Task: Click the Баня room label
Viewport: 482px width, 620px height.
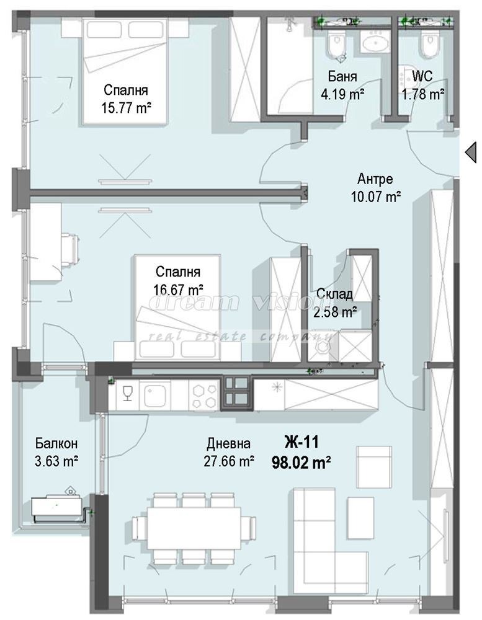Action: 342,76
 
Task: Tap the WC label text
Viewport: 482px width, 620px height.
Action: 422,76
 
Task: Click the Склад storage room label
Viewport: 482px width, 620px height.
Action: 334,294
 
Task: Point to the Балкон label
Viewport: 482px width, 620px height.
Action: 56,443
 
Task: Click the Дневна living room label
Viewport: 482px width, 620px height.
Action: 228,444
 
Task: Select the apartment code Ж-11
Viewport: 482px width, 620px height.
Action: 301,441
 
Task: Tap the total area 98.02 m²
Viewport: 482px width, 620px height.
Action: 301,461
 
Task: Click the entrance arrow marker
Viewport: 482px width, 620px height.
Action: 470,153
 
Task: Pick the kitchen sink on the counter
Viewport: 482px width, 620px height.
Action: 157,393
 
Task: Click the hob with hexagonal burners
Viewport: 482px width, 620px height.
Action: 205,396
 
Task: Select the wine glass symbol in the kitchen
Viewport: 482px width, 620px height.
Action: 127,393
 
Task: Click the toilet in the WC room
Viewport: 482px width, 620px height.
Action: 429,44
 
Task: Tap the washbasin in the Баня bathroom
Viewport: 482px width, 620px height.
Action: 374,42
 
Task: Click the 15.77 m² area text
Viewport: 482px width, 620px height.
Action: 127,107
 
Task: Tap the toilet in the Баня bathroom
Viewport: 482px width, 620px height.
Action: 337,44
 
